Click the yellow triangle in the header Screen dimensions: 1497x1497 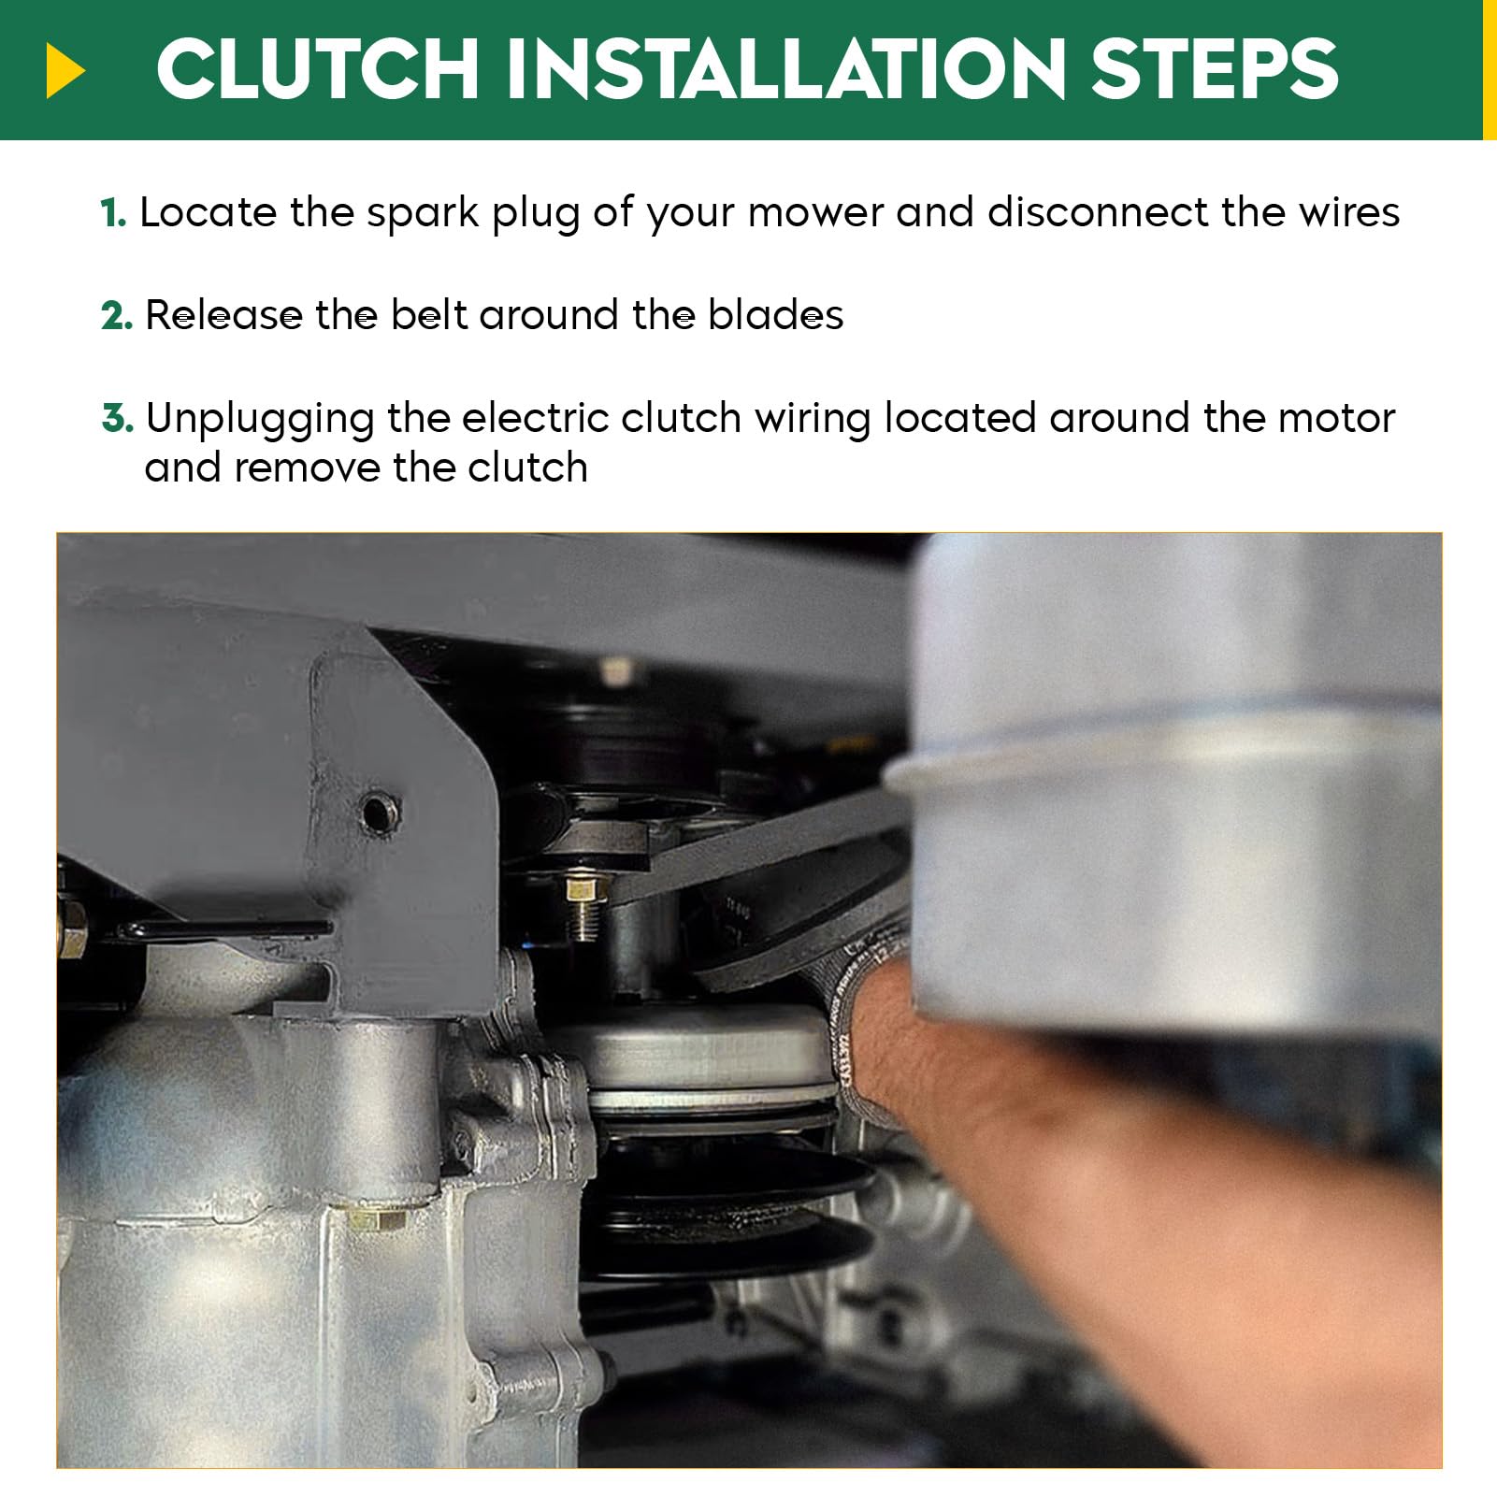tap(65, 71)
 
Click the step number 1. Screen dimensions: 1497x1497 tap(113, 213)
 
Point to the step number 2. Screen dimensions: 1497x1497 tap(117, 316)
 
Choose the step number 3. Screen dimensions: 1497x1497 tap(118, 418)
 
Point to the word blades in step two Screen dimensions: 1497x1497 tap(775, 315)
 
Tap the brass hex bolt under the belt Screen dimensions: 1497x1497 tap(584, 903)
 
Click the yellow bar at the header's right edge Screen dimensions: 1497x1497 tap(1490, 70)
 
